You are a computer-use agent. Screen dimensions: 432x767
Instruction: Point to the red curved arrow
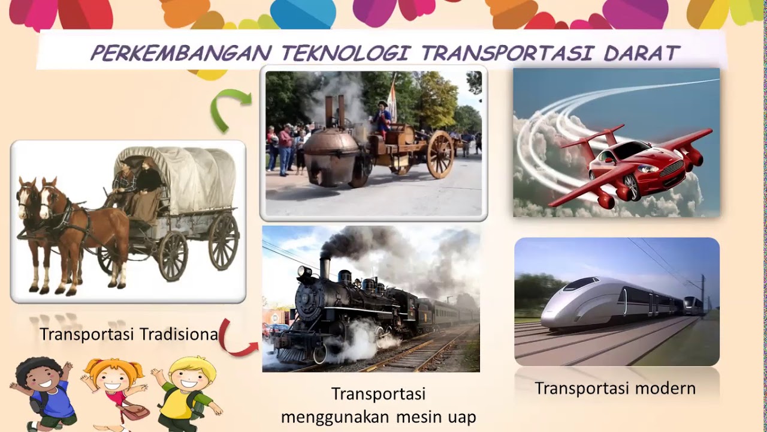pyautogui.click(x=235, y=340)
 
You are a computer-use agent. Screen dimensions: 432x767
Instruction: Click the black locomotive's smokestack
pyautogui.click(x=325, y=268)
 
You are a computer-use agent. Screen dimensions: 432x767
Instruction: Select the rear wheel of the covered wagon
pyautogui.click(x=223, y=241)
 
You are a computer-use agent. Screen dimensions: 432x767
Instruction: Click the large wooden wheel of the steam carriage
pyautogui.click(x=440, y=154)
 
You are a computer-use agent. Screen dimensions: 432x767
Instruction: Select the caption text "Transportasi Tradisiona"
pyautogui.click(x=129, y=334)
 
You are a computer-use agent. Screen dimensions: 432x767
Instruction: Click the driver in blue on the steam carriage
pyautogui.click(x=383, y=117)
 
